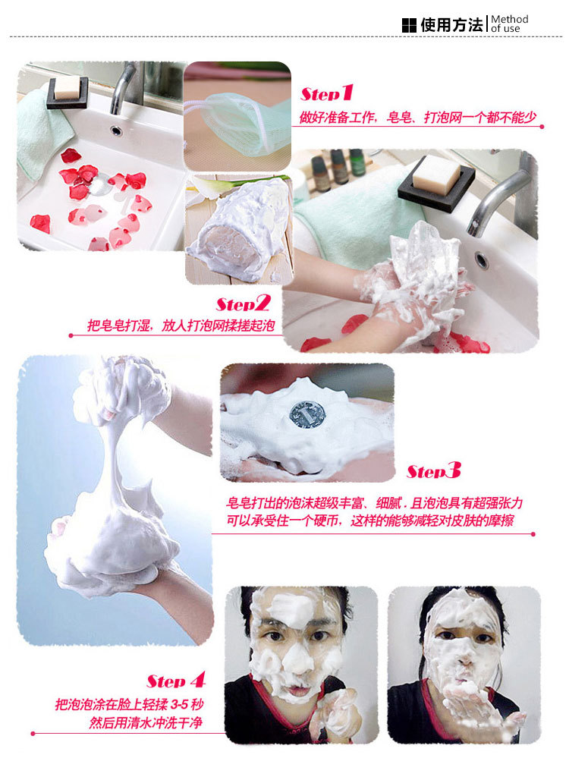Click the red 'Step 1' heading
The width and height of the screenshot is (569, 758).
click(x=327, y=93)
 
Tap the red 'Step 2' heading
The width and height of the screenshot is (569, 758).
click(x=244, y=304)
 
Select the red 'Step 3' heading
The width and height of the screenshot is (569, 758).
click(x=434, y=470)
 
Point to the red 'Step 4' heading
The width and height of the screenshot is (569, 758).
click(x=176, y=681)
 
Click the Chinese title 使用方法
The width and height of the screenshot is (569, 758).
click(x=451, y=24)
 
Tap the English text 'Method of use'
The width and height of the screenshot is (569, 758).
click(x=510, y=24)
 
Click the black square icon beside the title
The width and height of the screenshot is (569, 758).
click(x=409, y=25)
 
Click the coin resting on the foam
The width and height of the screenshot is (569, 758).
click(x=307, y=415)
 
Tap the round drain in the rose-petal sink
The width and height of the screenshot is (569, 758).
click(x=116, y=131)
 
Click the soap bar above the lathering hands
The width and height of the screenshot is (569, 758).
click(x=436, y=174)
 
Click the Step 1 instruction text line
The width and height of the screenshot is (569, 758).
click(x=418, y=117)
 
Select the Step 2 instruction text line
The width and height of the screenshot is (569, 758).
click(x=181, y=325)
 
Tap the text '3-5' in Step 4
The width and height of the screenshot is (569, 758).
click(x=179, y=704)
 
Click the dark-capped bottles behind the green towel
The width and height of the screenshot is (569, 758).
click(x=338, y=167)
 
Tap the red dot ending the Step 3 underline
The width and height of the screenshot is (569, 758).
click(x=533, y=534)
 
